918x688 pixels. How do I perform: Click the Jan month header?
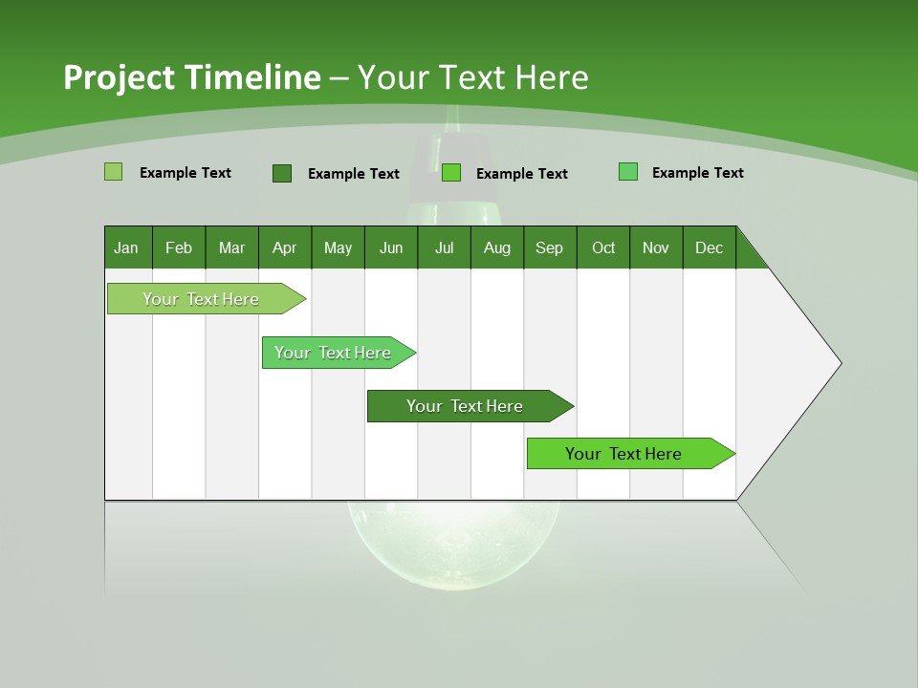pyautogui.click(x=127, y=247)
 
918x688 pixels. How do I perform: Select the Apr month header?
pyautogui.click(x=285, y=247)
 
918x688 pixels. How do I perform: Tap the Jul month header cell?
pyautogui.click(x=444, y=247)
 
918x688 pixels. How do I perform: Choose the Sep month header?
pyautogui.click(x=550, y=247)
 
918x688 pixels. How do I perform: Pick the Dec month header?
pyautogui.click(x=709, y=247)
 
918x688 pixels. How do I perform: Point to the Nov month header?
pyautogui.click(x=656, y=247)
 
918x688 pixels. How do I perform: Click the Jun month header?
pyautogui.click(x=391, y=247)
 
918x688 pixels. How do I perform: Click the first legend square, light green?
pyautogui.click(x=113, y=172)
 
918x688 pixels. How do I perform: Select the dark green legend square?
pyautogui.click(x=281, y=173)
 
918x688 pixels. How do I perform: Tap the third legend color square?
pyautogui.click(x=451, y=173)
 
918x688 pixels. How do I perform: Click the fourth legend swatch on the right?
pyautogui.click(x=628, y=172)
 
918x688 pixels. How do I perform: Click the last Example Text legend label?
pyautogui.click(x=697, y=173)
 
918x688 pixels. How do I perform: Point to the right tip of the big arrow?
pyautogui.click(x=839, y=363)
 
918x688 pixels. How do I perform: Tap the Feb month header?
pyautogui.click(x=179, y=247)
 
